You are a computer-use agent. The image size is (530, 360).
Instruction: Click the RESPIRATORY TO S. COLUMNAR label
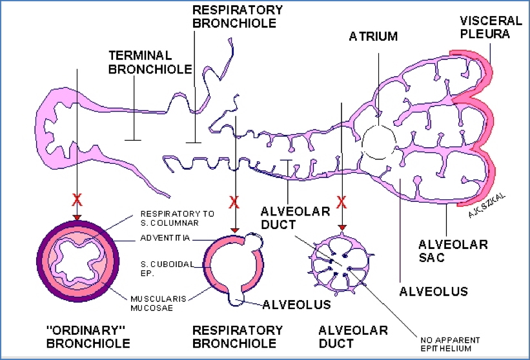pos(170,217)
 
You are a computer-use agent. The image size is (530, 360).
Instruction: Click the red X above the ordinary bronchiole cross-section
pos(77,201)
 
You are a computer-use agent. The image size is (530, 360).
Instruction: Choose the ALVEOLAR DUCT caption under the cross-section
pos(353,337)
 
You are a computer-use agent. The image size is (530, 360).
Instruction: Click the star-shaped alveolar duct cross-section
pos(341,264)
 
